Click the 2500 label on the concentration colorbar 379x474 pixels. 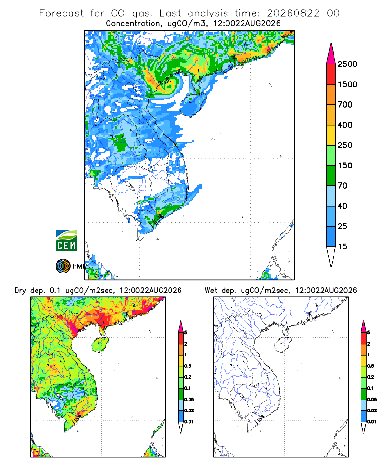pyautogui.click(x=347, y=64)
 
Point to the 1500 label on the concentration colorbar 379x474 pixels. pyautogui.click(x=347, y=84)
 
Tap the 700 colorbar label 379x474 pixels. pyautogui.click(x=345, y=105)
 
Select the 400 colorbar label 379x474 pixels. pyautogui.click(x=345, y=125)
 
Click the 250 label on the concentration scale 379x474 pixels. pyautogui.click(x=345, y=145)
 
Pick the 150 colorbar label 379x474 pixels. pyautogui.click(x=345, y=165)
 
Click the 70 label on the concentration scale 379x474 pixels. pyautogui.click(x=343, y=186)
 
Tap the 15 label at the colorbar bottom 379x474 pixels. pyautogui.click(x=343, y=246)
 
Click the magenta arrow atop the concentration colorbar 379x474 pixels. pyautogui.click(x=331, y=54)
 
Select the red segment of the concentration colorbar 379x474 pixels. pyautogui.click(x=331, y=74)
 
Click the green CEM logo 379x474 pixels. pyautogui.click(x=66, y=241)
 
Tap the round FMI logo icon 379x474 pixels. pyautogui.click(x=63, y=266)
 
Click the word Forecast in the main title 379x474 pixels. pyautogui.click(x=62, y=13)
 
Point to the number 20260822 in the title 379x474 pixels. pyautogui.click(x=293, y=13)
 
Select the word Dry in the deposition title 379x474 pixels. pyautogui.click(x=20, y=291)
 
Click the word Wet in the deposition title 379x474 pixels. pyautogui.click(x=211, y=290)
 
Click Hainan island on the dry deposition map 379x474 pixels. pyautogui.click(x=100, y=345)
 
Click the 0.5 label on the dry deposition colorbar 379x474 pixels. pyautogui.click(x=188, y=366)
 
